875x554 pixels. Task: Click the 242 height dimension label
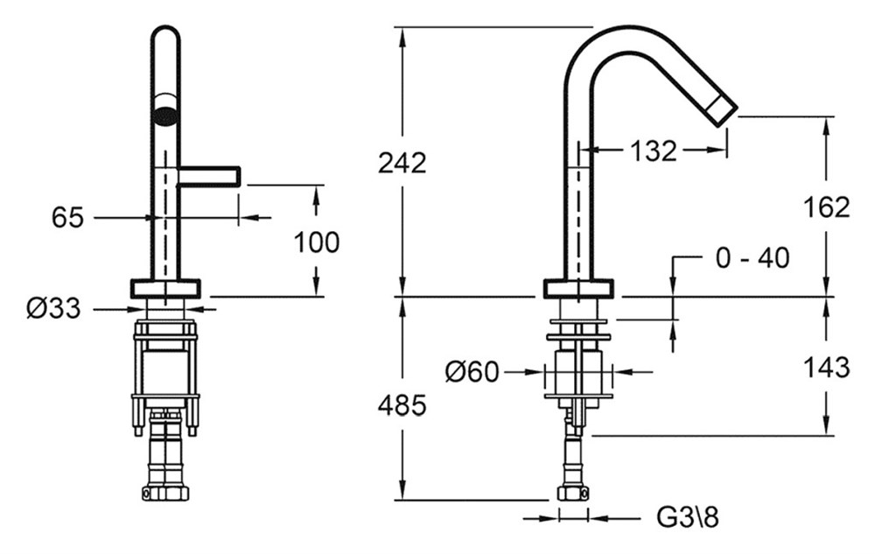[402, 163]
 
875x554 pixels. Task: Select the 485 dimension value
[402, 405]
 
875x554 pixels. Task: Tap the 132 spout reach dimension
[654, 150]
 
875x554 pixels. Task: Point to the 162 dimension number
[826, 207]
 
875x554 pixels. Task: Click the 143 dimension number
[826, 367]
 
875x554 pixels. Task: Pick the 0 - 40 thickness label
[752, 258]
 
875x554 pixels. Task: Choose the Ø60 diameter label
[472, 372]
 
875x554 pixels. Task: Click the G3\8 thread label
[688, 518]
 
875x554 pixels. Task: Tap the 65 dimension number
[67, 217]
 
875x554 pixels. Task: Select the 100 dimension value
[317, 242]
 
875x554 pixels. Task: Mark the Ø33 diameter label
[53, 308]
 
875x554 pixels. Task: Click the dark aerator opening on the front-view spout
[164, 116]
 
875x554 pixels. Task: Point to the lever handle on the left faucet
[209, 176]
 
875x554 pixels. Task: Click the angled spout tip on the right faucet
[724, 110]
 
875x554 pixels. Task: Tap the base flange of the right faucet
[578, 289]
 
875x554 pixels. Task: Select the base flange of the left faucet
[164, 288]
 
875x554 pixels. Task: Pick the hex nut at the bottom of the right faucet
[573, 494]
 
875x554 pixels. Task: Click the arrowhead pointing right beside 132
[717, 150]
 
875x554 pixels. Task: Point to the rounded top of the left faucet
[165, 28]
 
